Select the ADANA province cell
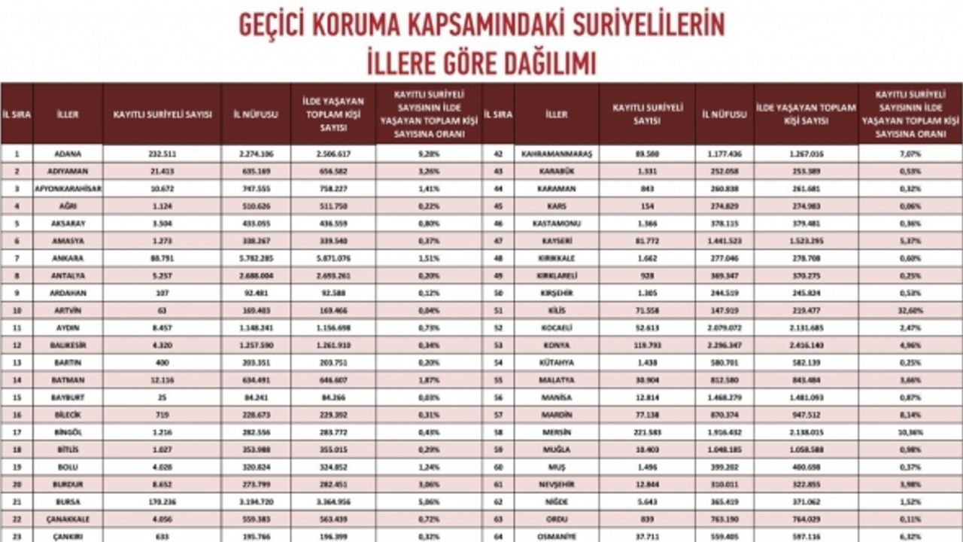[68, 154]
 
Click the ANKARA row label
[68, 258]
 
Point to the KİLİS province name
[557, 310]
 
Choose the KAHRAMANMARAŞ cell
[557, 154]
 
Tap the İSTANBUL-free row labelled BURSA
[68, 501]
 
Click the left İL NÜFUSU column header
[256, 114]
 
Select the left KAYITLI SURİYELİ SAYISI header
[163, 114]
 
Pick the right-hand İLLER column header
[557, 114]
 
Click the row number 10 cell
[17, 310]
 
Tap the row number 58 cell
[498, 432]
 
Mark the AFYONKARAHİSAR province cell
[68, 188]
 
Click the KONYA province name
[557, 345]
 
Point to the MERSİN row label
[557, 432]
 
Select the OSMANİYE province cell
[557, 536]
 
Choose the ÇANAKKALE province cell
[68, 519]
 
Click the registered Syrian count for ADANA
[163, 154]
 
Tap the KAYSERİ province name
[557, 241]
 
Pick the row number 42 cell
[498, 154]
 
